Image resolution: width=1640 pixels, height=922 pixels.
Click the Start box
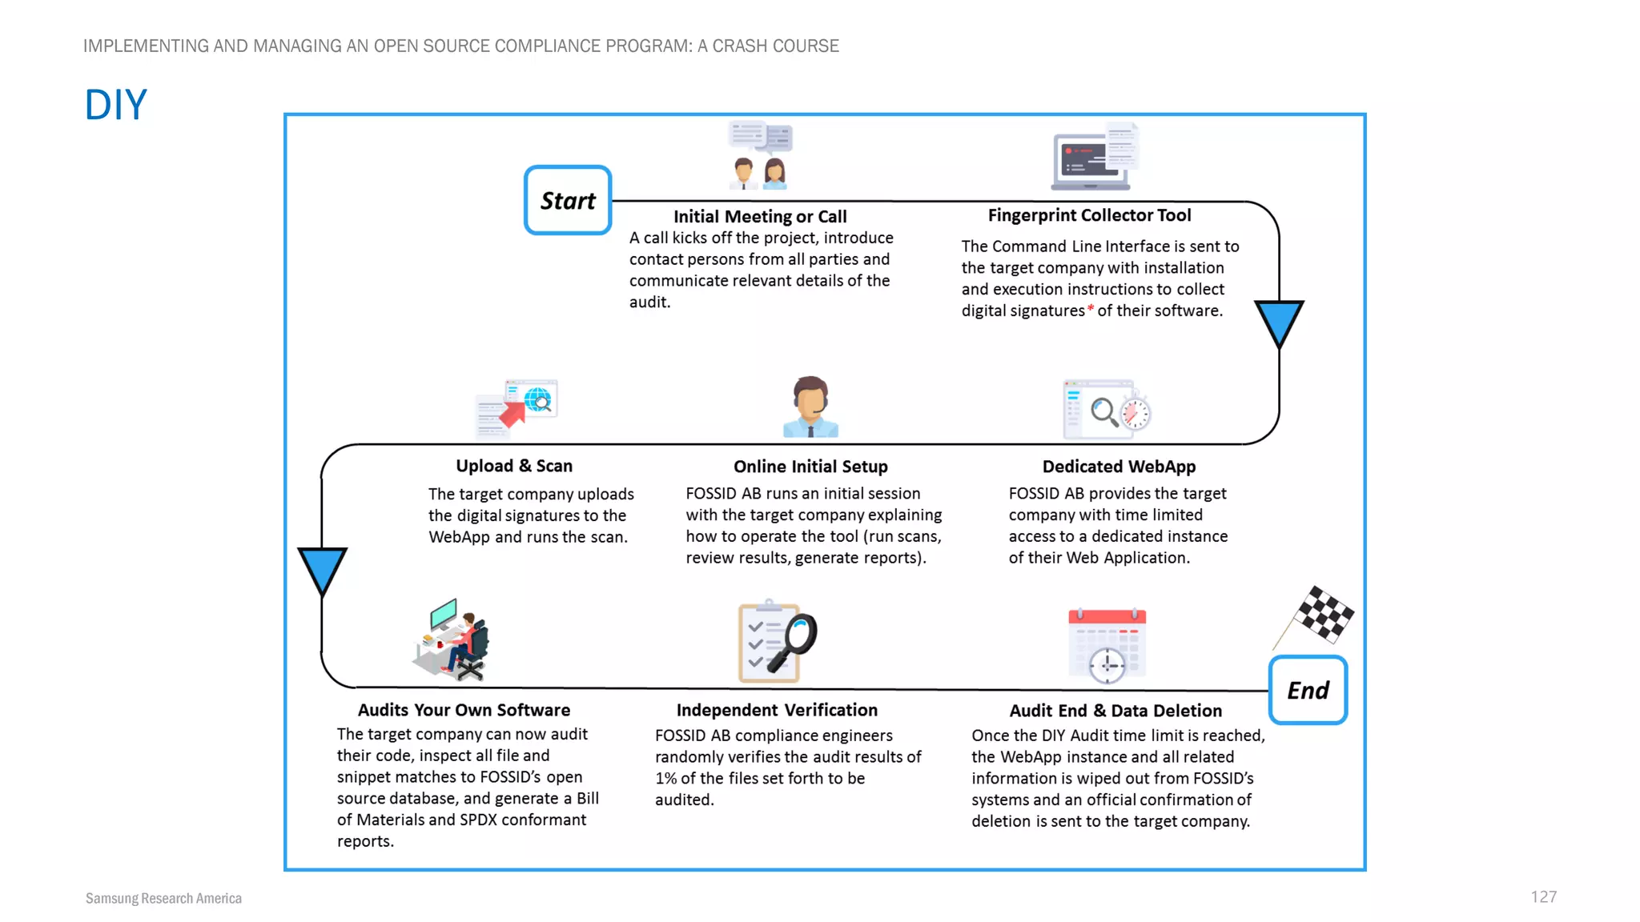tap(568, 200)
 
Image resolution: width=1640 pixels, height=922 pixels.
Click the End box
tap(1308, 690)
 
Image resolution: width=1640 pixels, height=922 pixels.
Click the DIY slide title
tap(116, 105)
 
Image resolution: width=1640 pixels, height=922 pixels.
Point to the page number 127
tap(1543, 897)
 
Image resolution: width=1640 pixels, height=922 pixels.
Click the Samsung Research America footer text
tap(163, 898)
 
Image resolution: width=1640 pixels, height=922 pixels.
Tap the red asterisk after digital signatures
tap(1091, 309)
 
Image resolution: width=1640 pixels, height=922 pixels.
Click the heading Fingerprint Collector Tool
tap(1089, 215)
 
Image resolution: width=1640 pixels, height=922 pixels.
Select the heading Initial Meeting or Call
tap(759, 216)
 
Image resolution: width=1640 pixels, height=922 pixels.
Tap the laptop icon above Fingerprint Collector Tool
tap(1093, 158)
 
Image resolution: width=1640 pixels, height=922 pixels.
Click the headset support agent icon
tap(810, 407)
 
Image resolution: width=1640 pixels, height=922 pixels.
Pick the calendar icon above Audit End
tap(1107, 645)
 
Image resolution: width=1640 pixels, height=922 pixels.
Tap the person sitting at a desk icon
tap(452, 640)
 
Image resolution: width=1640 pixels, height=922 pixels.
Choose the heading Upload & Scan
tap(514, 466)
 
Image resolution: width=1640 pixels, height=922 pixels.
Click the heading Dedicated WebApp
tap(1119, 467)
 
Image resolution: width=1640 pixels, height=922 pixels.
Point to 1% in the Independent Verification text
tap(665, 779)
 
